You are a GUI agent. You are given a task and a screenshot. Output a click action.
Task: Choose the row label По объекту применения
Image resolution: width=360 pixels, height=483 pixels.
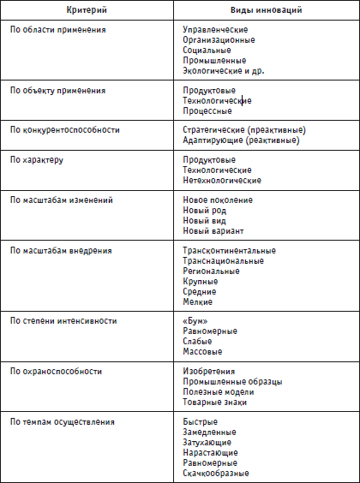pos(58,90)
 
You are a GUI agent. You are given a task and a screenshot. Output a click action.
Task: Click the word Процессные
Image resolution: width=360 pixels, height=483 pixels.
pos(207,110)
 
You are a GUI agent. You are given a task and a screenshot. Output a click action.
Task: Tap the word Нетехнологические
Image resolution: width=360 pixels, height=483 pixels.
pos(222,181)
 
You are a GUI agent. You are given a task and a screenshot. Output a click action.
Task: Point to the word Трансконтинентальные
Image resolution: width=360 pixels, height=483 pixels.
pos(229,251)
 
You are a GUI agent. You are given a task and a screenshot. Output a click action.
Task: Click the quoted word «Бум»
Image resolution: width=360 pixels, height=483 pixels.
pos(195,321)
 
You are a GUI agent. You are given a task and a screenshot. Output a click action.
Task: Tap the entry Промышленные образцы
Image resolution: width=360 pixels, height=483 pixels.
pos(227,382)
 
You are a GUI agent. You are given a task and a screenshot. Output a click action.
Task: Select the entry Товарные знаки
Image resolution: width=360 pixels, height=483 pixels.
pos(215,402)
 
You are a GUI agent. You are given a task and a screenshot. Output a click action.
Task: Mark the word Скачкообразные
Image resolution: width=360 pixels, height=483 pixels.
pos(216,473)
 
